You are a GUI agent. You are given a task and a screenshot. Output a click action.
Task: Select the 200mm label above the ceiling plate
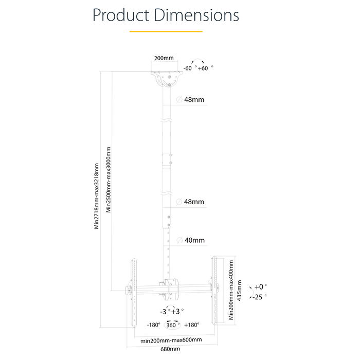[x=164, y=59]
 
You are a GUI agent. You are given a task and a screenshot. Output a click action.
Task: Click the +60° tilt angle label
[x=205, y=68]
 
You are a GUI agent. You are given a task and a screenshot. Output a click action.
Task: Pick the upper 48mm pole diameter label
[x=194, y=100]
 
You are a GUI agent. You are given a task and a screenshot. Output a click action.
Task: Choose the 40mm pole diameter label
[x=194, y=240]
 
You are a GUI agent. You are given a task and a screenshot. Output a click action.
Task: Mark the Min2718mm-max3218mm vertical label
[x=96, y=196]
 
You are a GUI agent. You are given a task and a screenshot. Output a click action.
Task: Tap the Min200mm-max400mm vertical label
[x=231, y=290]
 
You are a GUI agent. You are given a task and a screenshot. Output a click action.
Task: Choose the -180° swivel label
[x=153, y=325]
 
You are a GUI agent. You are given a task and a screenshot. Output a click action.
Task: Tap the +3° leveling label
[x=177, y=311]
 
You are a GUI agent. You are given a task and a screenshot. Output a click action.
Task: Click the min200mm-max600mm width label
[x=171, y=340]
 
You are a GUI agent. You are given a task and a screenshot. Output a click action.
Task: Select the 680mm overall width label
[x=171, y=349]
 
